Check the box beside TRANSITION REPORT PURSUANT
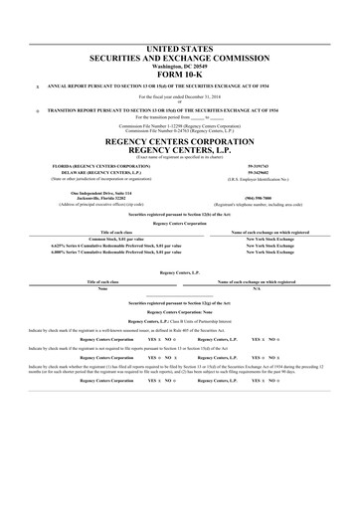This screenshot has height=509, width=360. pyautogui.click(x=38, y=107)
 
